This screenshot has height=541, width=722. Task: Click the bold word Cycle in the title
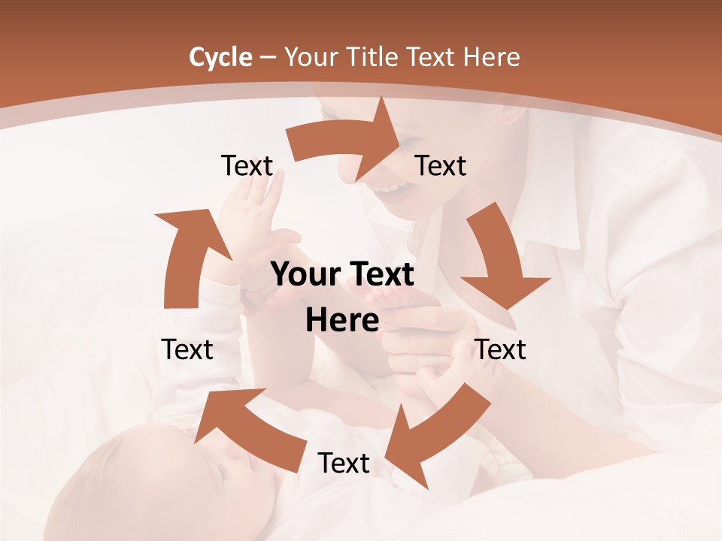tap(220, 57)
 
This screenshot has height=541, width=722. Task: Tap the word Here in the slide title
tap(492, 57)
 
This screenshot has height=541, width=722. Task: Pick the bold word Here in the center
tap(342, 321)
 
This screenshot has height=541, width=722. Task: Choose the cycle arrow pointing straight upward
tap(184, 255)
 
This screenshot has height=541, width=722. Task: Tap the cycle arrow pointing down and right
tap(500, 259)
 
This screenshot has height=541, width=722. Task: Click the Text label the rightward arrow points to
tap(441, 166)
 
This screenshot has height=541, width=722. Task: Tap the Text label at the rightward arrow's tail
tap(247, 166)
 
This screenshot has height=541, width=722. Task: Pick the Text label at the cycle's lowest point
tap(344, 464)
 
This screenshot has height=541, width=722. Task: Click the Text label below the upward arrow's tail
tap(187, 349)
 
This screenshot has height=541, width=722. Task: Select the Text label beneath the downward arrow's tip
tap(500, 349)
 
